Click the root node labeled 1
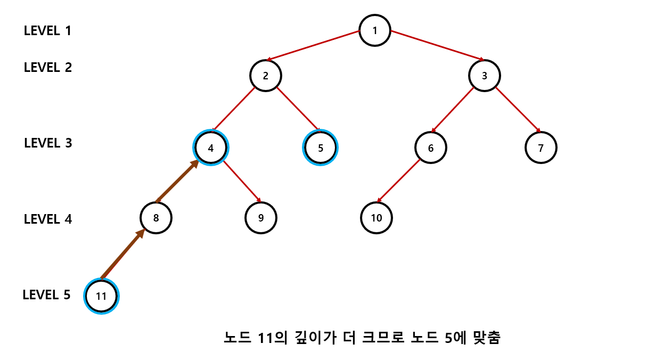(x=375, y=30)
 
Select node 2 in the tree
(x=266, y=76)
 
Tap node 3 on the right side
(x=485, y=76)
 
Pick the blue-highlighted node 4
(x=211, y=148)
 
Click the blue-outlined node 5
(x=321, y=148)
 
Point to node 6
(x=431, y=148)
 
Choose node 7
(x=541, y=148)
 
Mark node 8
(x=156, y=218)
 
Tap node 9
(x=261, y=218)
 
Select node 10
(x=377, y=218)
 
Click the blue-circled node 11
(x=101, y=296)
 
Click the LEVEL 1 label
(x=47, y=30)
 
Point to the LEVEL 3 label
(x=48, y=143)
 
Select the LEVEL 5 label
(x=47, y=295)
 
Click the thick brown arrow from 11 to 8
(x=123, y=254)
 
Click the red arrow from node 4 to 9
(x=241, y=181)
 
